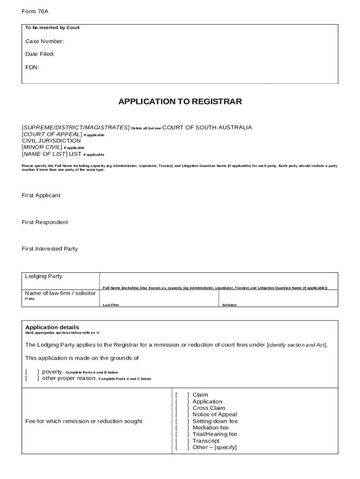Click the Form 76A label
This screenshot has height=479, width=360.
(x=35, y=12)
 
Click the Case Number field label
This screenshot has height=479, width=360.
(x=44, y=41)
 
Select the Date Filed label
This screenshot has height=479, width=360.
(x=40, y=54)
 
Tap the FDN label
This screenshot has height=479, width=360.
(x=32, y=67)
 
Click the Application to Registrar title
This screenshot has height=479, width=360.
(x=180, y=102)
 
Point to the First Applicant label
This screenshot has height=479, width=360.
(x=41, y=196)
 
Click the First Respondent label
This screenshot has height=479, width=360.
(x=44, y=222)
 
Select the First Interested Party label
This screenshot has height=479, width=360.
(x=50, y=249)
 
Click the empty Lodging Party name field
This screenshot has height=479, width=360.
(x=218, y=279)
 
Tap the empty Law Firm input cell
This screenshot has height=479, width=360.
(x=158, y=297)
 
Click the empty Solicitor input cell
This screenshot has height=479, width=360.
(x=278, y=297)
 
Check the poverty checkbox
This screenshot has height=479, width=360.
(x=32, y=372)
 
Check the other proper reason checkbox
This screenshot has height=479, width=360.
(x=32, y=378)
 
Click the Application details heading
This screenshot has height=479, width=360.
(x=52, y=327)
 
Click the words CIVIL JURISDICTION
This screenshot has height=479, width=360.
(x=51, y=141)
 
